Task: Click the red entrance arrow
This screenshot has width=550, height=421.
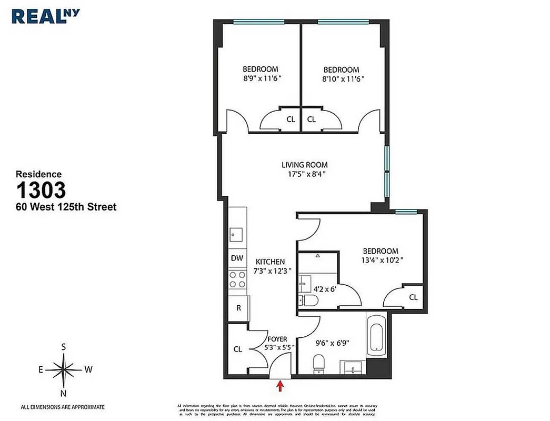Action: [280, 387]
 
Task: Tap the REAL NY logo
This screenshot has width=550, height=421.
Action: [46, 15]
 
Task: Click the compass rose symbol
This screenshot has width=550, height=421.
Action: [64, 369]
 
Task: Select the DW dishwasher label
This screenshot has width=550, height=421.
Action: [237, 258]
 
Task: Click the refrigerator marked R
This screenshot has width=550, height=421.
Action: [238, 308]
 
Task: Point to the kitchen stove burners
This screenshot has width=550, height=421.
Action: [237, 279]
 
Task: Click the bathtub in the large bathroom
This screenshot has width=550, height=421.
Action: [376, 337]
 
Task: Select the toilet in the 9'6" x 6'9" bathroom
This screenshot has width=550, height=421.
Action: [318, 364]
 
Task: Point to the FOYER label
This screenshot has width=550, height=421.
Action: [277, 339]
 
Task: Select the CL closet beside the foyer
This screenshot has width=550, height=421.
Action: [237, 349]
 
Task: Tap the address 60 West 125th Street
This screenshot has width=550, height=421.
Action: [66, 207]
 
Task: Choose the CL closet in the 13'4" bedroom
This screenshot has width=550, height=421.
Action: [413, 297]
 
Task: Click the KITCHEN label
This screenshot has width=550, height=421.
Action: [270, 262]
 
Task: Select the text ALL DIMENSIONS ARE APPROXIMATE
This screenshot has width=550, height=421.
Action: [63, 407]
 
